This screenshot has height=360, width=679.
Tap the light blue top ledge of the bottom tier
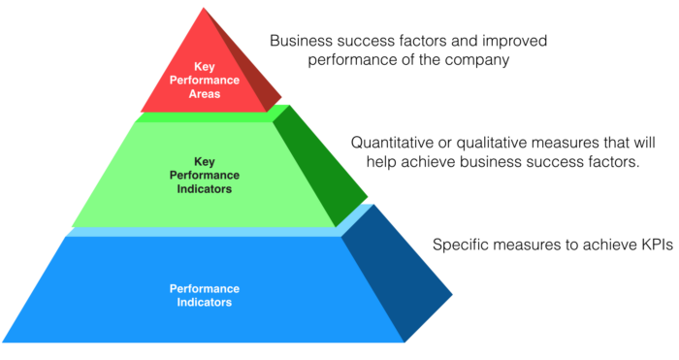(x=204, y=231)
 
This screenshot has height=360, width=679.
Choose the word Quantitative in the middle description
(x=395, y=143)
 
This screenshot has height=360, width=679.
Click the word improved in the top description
(x=509, y=42)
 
